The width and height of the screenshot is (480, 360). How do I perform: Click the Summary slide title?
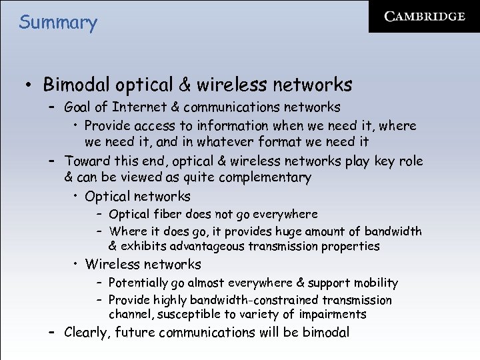58,23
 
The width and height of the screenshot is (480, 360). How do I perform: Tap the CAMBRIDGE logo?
425,17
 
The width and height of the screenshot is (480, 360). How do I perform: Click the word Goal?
79,107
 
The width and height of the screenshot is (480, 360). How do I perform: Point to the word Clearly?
87,333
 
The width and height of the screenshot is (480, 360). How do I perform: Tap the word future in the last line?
137,333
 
